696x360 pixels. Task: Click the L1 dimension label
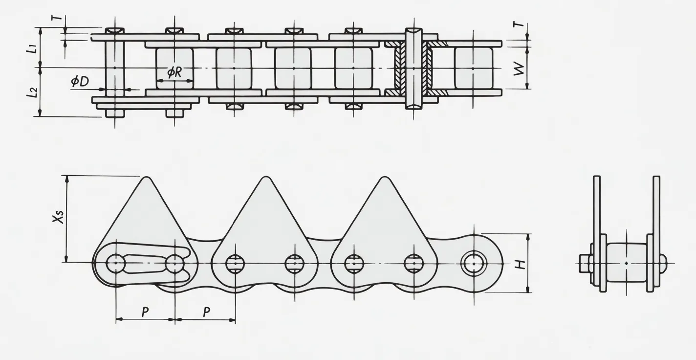pos(32,49)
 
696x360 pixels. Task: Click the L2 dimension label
pos(32,92)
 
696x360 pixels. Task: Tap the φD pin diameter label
pos(80,81)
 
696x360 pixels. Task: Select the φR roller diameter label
pos(174,72)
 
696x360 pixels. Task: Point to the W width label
pos(519,68)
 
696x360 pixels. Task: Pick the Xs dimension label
pos(58,217)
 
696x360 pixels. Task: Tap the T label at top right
pos(519,24)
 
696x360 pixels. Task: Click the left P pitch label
pos(145,312)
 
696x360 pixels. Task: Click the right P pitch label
pos(207,312)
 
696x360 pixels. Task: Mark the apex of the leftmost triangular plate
pos(146,177)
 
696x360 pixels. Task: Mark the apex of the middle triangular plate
pos(266,177)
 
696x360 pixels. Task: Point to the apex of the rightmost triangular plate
pos(385,177)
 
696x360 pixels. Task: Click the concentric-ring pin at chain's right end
pos(473,264)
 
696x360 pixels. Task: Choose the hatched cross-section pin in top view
pos(413,68)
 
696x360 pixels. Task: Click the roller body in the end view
pos(627,263)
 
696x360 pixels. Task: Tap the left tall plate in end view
pos(597,233)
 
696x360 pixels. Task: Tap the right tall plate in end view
pos(656,233)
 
